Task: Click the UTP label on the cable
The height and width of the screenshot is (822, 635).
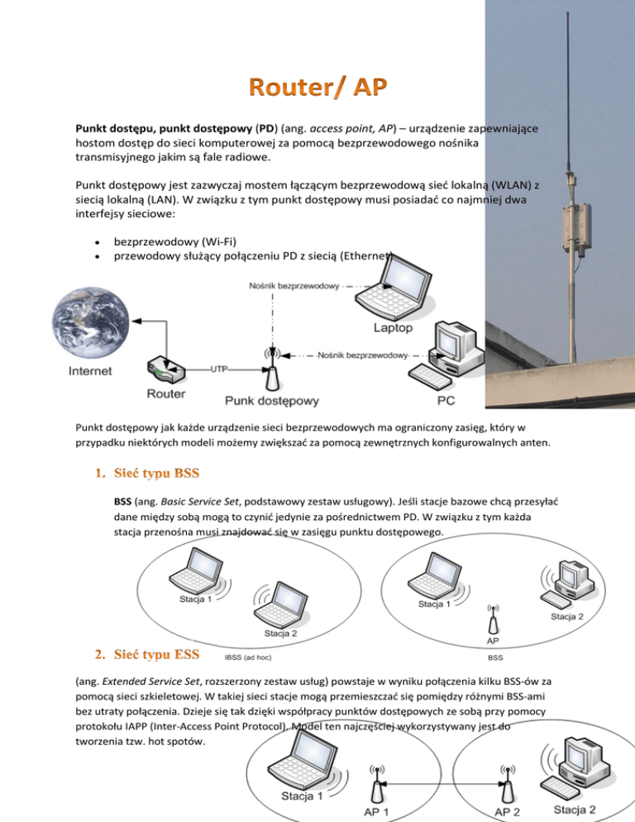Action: [x=220, y=368]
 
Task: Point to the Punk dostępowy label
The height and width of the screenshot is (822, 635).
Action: [x=272, y=401]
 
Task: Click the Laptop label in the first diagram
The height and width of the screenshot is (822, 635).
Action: [x=394, y=327]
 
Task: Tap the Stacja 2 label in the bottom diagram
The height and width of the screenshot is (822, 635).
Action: [x=575, y=810]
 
